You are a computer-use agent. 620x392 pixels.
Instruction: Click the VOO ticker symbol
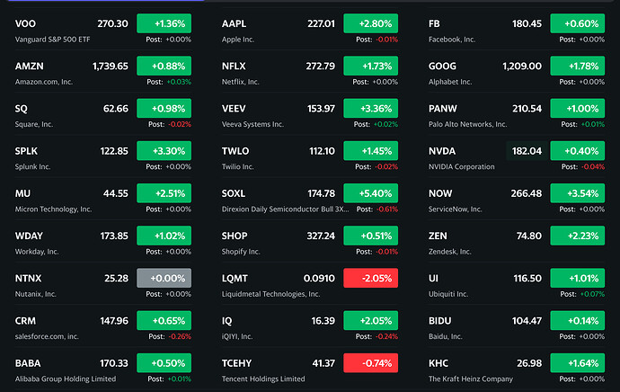click(26, 23)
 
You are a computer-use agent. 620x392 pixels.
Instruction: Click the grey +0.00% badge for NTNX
click(164, 278)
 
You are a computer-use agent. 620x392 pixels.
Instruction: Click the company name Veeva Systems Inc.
click(252, 124)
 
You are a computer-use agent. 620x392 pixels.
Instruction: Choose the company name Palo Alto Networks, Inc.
click(474, 124)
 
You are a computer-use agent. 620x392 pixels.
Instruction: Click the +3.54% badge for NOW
click(577, 193)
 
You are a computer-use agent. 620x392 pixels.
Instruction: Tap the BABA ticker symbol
click(28, 362)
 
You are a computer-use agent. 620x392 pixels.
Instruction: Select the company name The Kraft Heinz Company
click(470, 379)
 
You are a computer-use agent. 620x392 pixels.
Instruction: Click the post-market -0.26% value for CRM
click(180, 336)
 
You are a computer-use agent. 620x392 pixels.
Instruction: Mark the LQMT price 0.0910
click(319, 278)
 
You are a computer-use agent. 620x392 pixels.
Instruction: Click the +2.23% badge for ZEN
click(577, 236)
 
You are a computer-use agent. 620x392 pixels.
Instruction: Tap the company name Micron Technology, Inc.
click(54, 209)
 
